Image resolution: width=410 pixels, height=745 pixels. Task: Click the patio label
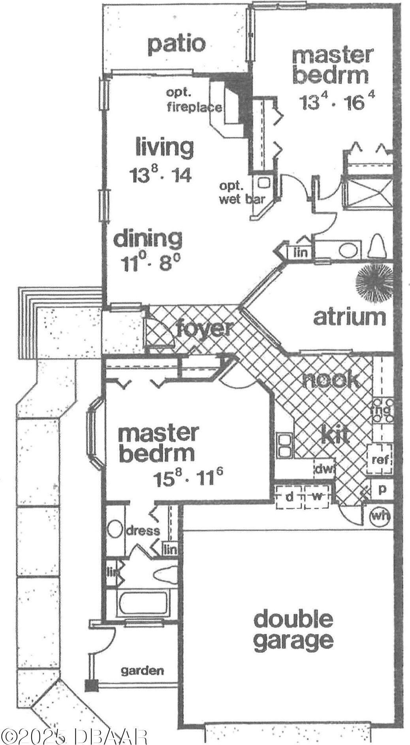(x=177, y=44)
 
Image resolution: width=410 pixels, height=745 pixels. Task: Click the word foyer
(x=204, y=328)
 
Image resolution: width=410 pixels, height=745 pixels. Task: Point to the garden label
(x=142, y=670)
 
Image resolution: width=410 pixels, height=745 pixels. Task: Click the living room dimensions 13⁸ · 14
(x=161, y=174)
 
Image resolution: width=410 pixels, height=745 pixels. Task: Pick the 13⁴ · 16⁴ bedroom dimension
(x=336, y=102)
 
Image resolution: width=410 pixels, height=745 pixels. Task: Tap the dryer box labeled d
(x=290, y=496)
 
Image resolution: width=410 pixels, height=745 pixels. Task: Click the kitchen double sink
(x=284, y=444)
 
